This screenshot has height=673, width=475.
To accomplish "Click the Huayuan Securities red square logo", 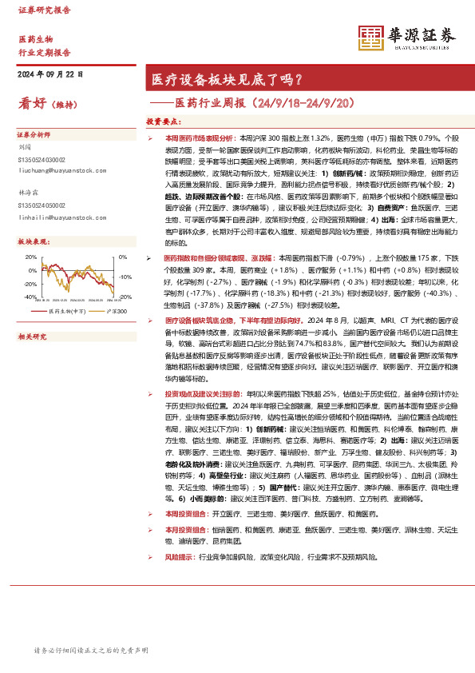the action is [370, 36].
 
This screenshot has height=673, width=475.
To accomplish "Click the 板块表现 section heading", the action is [34, 241].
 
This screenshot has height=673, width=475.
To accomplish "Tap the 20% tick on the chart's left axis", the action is [31, 257].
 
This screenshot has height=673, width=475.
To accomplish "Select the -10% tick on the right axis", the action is [125, 277].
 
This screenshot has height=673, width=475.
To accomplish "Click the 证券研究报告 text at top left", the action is [45, 10].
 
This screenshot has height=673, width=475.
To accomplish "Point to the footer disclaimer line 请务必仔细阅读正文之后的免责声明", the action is [91, 651].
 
